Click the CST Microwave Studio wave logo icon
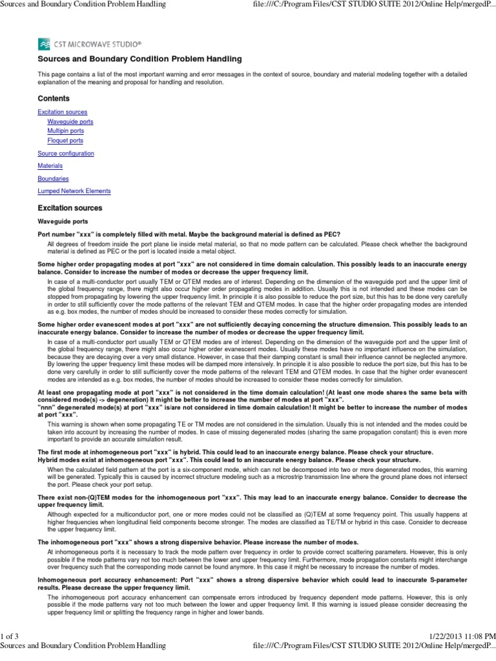tap(45, 43)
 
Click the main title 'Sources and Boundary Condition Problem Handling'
tap(140, 59)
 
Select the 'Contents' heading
tap(54, 99)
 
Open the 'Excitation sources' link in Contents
tap(63, 112)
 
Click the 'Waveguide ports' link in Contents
tap(70, 121)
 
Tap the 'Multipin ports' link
tap(65, 130)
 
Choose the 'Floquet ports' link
tap(65, 140)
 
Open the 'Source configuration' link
tap(66, 154)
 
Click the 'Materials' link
tap(50, 166)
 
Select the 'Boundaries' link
tap(53, 178)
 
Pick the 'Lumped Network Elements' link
tap(74, 191)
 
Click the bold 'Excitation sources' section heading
tap(70, 208)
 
